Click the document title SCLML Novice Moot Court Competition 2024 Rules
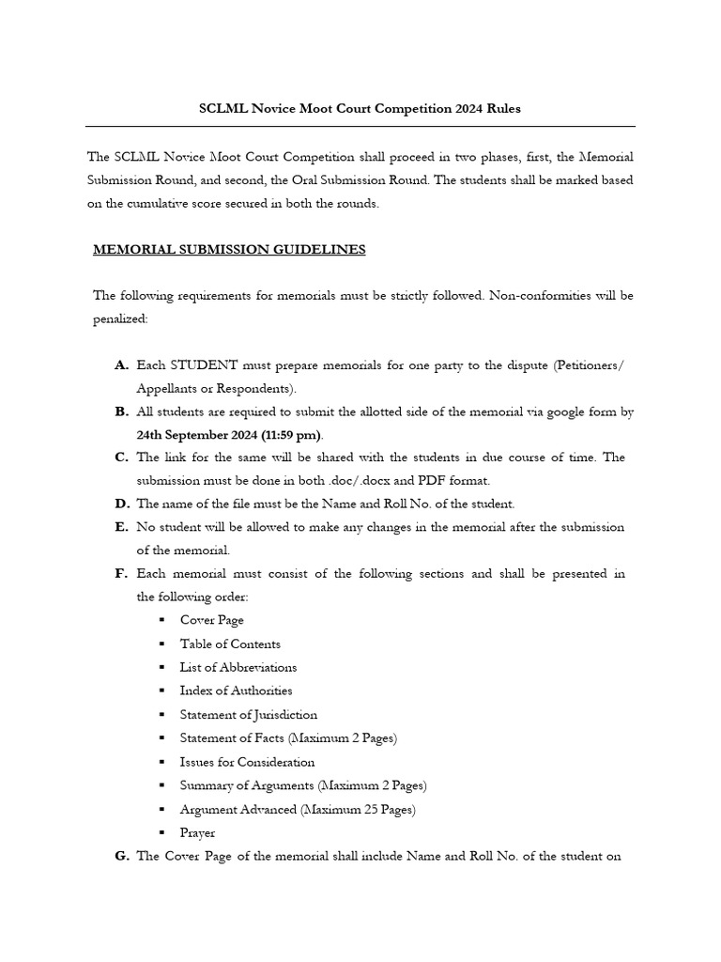coord(360,109)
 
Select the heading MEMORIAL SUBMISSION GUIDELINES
coord(229,250)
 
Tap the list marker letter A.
coord(121,365)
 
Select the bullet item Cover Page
coord(211,620)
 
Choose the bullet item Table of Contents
coord(230,644)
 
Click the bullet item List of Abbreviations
coord(238,667)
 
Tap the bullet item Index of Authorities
coord(236,690)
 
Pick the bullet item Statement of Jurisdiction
coord(249,715)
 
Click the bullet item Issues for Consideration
coord(247,762)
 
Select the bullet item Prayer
coord(197,832)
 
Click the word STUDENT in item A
coord(204,365)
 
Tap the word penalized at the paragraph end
coord(119,319)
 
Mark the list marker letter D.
coord(122,504)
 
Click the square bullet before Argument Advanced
coord(161,810)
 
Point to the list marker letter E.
coord(121,527)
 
